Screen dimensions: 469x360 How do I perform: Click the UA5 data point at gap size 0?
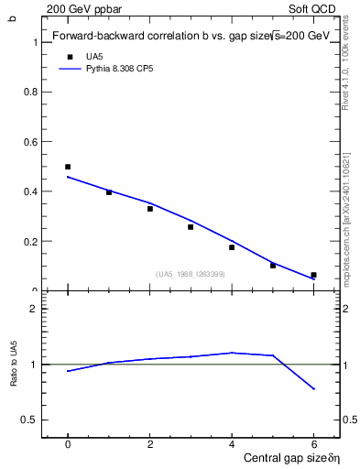click(68, 167)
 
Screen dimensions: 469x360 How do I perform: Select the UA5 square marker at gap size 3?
click(191, 226)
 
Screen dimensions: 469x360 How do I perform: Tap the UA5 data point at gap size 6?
click(313, 275)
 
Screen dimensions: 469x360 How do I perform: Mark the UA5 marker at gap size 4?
click(232, 247)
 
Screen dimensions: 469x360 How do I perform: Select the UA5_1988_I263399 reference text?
click(191, 274)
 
